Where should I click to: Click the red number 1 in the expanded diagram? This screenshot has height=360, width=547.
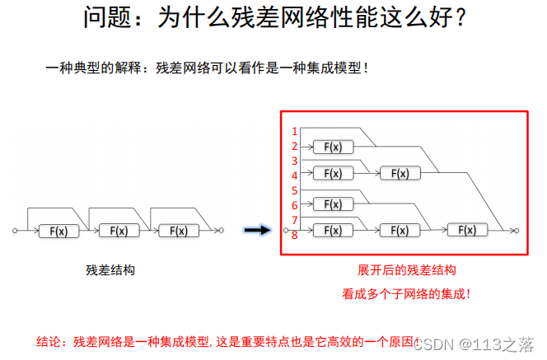[294, 131]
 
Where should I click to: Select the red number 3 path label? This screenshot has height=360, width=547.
[294, 161]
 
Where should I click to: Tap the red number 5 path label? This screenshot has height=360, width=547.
[294, 190]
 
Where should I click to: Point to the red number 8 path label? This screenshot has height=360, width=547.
[294, 235]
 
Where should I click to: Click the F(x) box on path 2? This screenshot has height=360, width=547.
[332, 147]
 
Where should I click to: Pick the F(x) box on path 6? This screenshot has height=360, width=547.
[332, 203]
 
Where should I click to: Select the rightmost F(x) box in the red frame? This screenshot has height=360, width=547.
[467, 230]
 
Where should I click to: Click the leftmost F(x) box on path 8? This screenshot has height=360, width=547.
[332, 230]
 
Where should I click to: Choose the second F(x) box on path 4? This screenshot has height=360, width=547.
[400, 173]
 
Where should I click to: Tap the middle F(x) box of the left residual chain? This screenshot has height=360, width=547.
[119, 231]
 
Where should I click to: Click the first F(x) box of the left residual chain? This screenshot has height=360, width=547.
[58, 231]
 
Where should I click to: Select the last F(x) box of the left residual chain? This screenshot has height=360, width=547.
[179, 231]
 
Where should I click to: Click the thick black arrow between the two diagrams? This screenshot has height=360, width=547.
[258, 231]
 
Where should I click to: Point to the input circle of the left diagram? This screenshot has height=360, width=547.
[15, 231]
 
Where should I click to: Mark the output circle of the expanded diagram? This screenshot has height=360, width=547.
[516, 231]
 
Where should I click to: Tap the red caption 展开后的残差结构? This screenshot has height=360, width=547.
[406, 270]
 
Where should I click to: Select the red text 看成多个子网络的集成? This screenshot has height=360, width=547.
[406, 292]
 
